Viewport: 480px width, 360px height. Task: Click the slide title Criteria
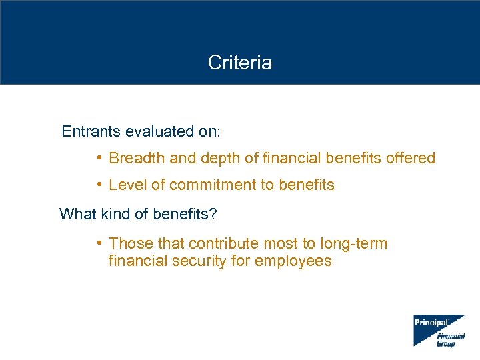coord(239,63)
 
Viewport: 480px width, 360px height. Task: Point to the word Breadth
coord(132,158)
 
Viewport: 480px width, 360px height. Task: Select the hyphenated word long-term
coord(353,243)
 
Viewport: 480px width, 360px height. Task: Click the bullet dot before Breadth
coord(98,158)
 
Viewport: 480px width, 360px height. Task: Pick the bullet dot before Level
coord(98,185)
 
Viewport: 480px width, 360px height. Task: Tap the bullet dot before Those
coord(98,243)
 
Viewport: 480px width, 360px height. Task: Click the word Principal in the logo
coord(431,323)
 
